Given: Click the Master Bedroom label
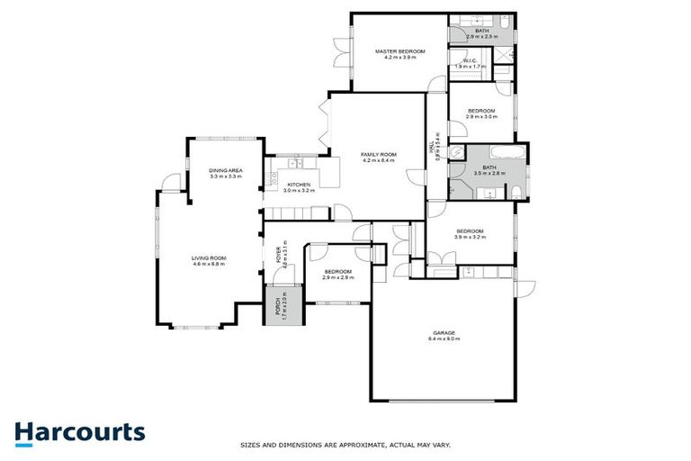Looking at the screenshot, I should (x=399, y=52).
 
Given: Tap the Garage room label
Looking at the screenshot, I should (x=445, y=333).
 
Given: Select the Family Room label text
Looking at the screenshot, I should (x=378, y=155).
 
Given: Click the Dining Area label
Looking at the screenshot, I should (x=226, y=170).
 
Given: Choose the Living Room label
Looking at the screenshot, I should (x=208, y=258).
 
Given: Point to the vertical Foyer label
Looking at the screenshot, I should (x=281, y=256).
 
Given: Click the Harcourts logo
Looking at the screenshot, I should (x=79, y=432).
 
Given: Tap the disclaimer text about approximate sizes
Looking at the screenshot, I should (x=345, y=445).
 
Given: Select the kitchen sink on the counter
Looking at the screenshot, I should (x=296, y=163).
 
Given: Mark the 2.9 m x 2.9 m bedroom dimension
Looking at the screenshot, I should (x=337, y=276).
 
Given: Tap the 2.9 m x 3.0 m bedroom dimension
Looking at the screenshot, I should (x=480, y=116).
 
